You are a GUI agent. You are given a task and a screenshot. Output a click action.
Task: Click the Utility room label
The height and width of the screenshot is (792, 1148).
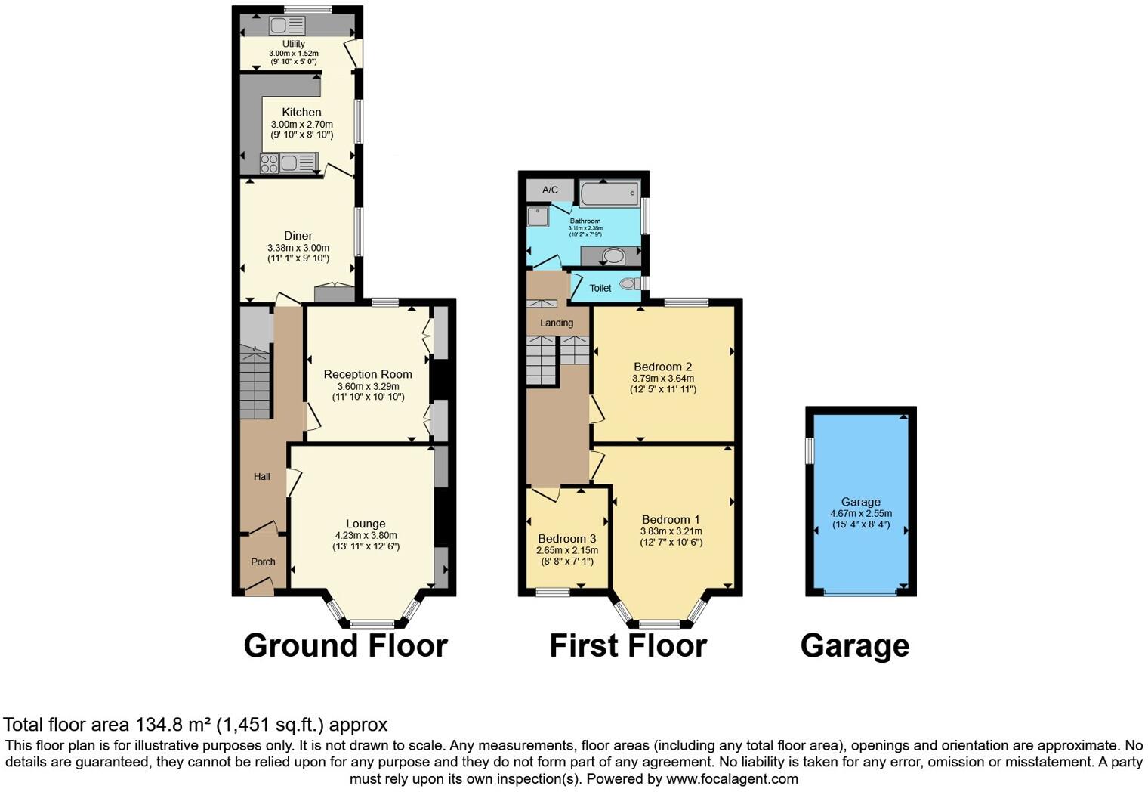click(294, 44)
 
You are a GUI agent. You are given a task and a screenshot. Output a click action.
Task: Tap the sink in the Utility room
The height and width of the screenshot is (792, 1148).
click(278, 25)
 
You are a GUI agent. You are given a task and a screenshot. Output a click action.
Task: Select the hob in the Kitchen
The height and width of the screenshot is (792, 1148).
click(269, 163)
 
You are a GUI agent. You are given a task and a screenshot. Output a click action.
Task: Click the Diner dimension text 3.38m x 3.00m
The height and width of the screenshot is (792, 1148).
click(298, 248)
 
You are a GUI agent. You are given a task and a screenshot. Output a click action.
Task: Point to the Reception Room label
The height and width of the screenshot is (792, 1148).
click(368, 374)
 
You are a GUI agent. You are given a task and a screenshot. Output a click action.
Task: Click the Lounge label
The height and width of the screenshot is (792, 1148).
click(366, 524)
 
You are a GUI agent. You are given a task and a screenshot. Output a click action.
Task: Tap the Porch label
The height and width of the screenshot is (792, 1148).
click(263, 562)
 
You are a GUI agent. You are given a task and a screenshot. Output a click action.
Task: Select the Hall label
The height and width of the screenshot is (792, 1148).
click(262, 476)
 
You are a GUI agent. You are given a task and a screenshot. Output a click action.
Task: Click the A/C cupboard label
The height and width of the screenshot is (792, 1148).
click(550, 190)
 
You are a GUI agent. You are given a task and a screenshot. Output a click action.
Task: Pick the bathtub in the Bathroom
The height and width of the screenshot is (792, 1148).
click(610, 193)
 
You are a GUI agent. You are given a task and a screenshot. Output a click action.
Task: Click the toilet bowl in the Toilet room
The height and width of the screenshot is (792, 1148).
click(628, 284)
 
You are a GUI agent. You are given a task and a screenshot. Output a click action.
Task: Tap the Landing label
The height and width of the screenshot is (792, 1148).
click(557, 323)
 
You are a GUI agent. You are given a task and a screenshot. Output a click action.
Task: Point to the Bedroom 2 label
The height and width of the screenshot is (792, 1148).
click(662, 367)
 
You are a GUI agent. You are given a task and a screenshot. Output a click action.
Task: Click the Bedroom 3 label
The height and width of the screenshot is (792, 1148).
click(567, 539)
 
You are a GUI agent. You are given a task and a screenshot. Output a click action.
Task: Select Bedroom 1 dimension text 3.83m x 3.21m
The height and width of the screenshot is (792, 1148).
click(671, 531)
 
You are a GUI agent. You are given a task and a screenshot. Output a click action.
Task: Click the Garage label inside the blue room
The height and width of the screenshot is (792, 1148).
click(861, 502)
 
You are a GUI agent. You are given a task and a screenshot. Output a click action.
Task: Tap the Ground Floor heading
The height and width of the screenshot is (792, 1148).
click(345, 646)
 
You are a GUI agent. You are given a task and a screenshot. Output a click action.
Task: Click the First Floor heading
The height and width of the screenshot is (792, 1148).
click(628, 646)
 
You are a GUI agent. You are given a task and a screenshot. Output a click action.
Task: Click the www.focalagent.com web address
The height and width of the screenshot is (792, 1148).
click(732, 778)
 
